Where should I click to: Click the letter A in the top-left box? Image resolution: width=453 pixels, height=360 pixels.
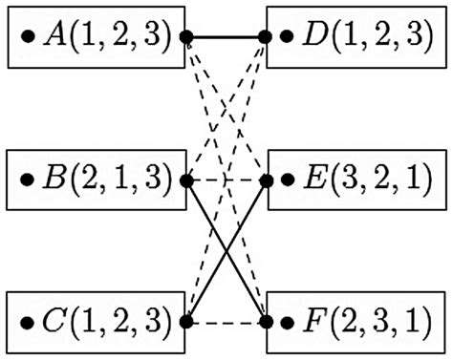54,37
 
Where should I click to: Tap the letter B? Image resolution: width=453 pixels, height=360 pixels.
55,178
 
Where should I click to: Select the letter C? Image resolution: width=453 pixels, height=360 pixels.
55,319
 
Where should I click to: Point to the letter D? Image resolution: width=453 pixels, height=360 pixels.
315,37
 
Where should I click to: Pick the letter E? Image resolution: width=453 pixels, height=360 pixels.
314,178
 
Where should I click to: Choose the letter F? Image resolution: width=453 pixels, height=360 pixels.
314,319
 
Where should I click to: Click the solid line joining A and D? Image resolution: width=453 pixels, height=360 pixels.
227,37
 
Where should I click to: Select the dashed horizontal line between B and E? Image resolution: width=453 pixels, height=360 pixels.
227,179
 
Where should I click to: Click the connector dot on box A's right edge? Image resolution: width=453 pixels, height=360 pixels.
186,37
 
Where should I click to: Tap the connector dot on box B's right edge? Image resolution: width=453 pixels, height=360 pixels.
186,179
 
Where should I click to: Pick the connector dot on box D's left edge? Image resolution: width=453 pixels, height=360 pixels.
269,37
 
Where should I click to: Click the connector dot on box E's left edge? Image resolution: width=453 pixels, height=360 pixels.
269,179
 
